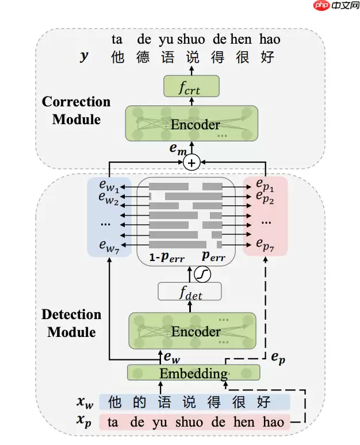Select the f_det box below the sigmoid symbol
pyautogui.click(x=190, y=291)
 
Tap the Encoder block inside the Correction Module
pyautogui.click(x=192, y=124)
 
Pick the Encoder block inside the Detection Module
pyautogui.click(x=193, y=331)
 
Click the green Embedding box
pyautogui.click(x=193, y=373)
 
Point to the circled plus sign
pyautogui.click(x=192, y=163)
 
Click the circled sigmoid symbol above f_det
pyautogui.click(x=202, y=275)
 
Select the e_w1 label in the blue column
pyautogui.click(x=108, y=187)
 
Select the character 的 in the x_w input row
pyautogui.click(x=139, y=401)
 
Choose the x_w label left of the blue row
pyautogui.click(x=84, y=401)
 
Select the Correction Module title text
pyautogui.click(x=76, y=110)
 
